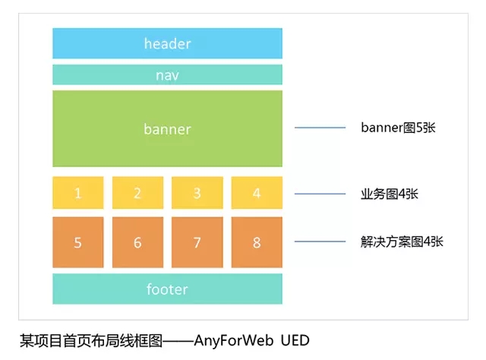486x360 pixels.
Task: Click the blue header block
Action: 167,43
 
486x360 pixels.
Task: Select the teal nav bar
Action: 167,75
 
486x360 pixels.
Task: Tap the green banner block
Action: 167,128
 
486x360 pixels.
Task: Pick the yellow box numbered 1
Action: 78,193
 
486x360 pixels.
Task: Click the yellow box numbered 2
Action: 137,193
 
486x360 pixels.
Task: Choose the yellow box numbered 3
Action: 197,193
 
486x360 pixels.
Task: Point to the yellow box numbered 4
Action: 257,193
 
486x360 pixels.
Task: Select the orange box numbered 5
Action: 78,242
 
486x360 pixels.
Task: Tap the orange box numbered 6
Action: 137,242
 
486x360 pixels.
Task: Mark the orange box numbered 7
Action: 197,242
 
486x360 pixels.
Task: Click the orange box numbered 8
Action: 257,242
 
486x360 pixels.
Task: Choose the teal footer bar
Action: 167,289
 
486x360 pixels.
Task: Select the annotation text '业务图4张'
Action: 390,194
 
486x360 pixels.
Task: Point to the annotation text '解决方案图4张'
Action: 402,242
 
